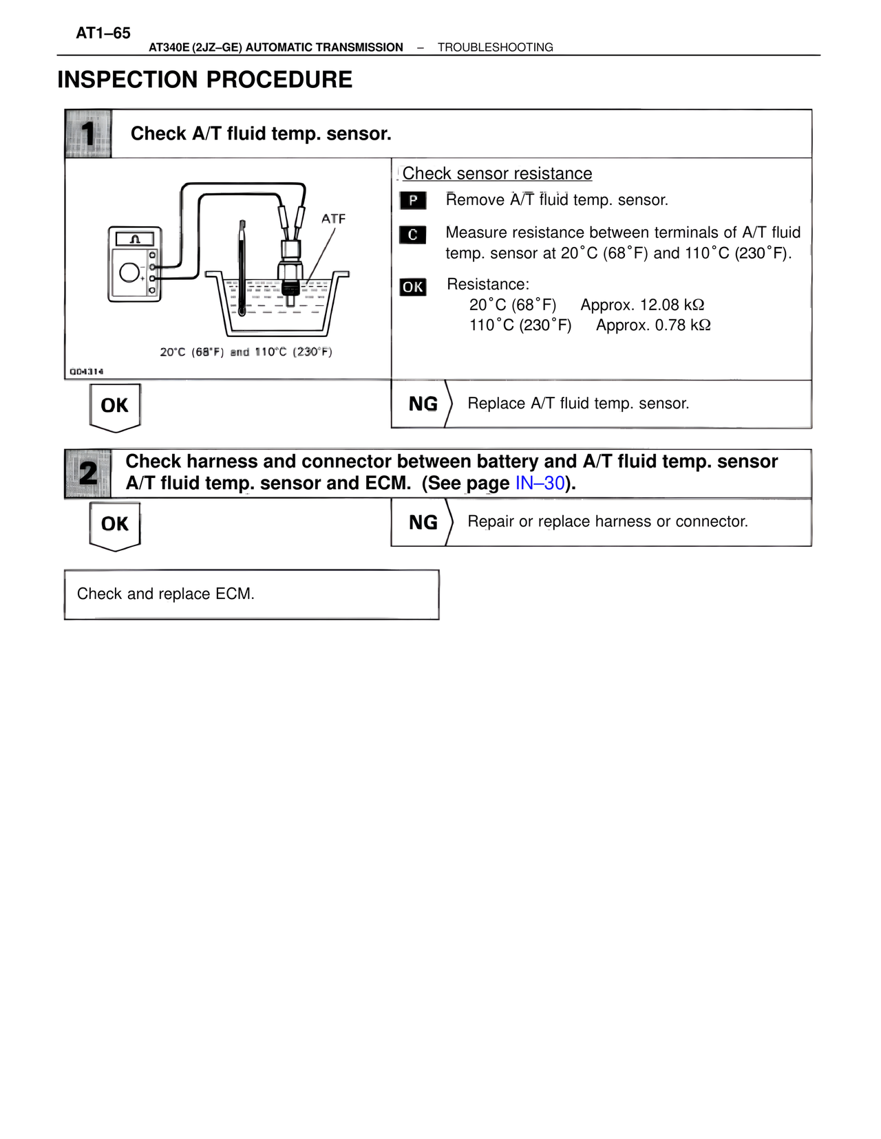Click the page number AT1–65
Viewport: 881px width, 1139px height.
103,33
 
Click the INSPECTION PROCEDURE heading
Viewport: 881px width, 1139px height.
204,80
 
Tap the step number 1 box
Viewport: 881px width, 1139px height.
88,133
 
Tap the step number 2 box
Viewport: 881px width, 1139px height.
88,473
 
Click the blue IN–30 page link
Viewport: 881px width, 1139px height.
540,484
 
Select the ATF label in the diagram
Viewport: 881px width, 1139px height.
333,219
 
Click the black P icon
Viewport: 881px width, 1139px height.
413,200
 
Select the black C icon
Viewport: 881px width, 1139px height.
413,235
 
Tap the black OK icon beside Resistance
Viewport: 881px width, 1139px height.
413,287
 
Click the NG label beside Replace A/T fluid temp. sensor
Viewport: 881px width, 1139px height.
423,404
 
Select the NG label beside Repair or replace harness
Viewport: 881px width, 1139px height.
423,523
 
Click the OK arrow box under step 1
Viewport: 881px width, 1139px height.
115,406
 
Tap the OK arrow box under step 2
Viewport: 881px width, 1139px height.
115,525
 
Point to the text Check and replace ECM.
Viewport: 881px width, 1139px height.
166,594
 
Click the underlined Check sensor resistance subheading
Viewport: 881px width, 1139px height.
497,173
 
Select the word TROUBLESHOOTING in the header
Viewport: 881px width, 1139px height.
495,47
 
